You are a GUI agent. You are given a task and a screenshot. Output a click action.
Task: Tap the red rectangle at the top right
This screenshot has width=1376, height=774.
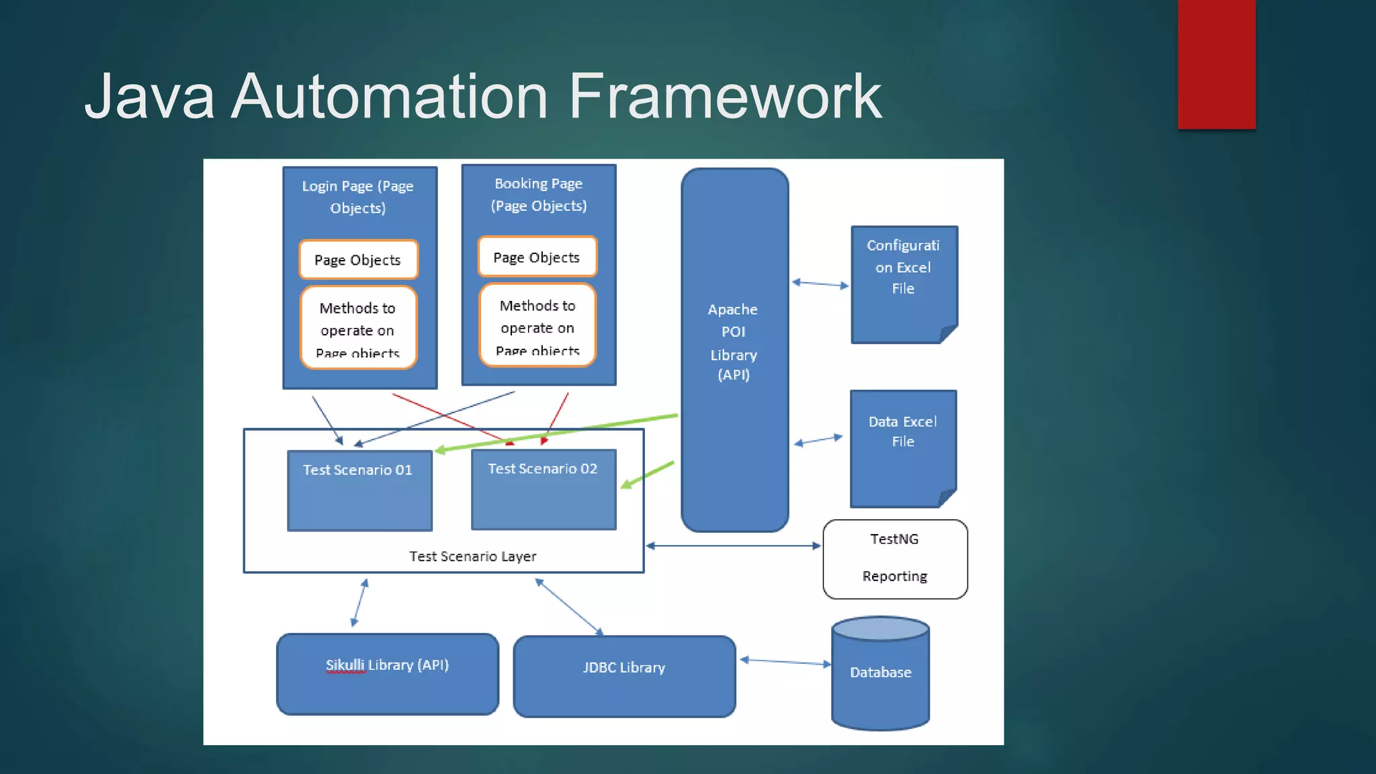click(x=1216, y=64)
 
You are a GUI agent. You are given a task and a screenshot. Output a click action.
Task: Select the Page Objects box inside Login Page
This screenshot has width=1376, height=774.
click(x=358, y=260)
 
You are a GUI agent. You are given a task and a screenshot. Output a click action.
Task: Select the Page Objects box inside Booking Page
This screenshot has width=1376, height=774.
click(x=537, y=257)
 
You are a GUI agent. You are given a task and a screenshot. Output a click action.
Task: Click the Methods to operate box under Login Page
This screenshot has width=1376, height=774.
click(x=358, y=328)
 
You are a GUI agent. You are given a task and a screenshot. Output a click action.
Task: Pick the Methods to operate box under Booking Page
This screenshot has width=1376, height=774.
click(x=537, y=326)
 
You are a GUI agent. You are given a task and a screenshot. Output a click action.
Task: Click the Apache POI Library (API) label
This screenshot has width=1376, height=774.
click(x=733, y=343)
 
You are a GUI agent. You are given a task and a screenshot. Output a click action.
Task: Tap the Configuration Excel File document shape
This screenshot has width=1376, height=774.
click(x=904, y=282)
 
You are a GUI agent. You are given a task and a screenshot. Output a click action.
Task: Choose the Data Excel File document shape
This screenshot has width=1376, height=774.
click(x=902, y=447)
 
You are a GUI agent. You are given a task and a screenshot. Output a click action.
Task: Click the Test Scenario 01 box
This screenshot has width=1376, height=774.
click(x=359, y=490)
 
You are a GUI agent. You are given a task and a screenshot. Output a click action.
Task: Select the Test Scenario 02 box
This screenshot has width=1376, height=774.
click(x=543, y=489)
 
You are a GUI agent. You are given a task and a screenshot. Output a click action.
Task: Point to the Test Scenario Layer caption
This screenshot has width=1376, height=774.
click(x=472, y=556)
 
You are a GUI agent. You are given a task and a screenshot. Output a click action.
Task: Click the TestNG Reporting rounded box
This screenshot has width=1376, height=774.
click(x=895, y=558)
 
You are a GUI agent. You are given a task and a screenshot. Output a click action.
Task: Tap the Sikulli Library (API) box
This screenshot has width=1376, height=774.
click(x=388, y=674)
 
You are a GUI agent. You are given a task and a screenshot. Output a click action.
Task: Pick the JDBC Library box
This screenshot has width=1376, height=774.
click(x=624, y=676)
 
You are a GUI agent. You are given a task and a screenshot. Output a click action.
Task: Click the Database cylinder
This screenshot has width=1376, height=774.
click(x=880, y=674)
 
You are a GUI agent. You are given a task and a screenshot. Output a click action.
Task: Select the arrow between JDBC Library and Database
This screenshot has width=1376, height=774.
click(x=785, y=662)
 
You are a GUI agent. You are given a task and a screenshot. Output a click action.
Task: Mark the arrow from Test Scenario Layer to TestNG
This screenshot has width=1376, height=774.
click(x=734, y=546)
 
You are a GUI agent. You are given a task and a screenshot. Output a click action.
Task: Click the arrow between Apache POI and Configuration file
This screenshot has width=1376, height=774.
click(x=820, y=284)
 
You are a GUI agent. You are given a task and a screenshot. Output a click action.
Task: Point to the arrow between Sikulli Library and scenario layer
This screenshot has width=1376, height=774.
click(x=359, y=603)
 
